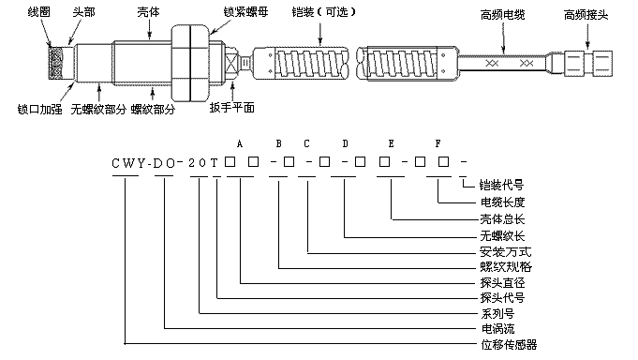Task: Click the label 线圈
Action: (x=39, y=12)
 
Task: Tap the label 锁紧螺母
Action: (x=245, y=12)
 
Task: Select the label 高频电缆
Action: (x=502, y=15)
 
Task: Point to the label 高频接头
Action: (x=586, y=15)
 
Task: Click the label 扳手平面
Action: (x=232, y=108)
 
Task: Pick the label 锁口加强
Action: (x=40, y=109)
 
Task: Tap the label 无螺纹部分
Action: (x=98, y=109)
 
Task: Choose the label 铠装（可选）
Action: (x=324, y=12)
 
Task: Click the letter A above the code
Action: (x=240, y=143)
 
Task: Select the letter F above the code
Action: (x=438, y=143)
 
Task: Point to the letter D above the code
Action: (x=345, y=143)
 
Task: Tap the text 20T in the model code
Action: (x=203, y=163)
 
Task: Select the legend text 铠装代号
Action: (x=502, y=186)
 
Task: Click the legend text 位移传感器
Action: (x=509, y=345)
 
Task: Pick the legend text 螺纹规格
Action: (x=506, y=267)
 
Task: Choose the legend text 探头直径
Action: (x=502, y=282)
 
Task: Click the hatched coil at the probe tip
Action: (x=55, y=62)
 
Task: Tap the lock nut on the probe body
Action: (x=190, y=63)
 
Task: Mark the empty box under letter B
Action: (x=289, y=162)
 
